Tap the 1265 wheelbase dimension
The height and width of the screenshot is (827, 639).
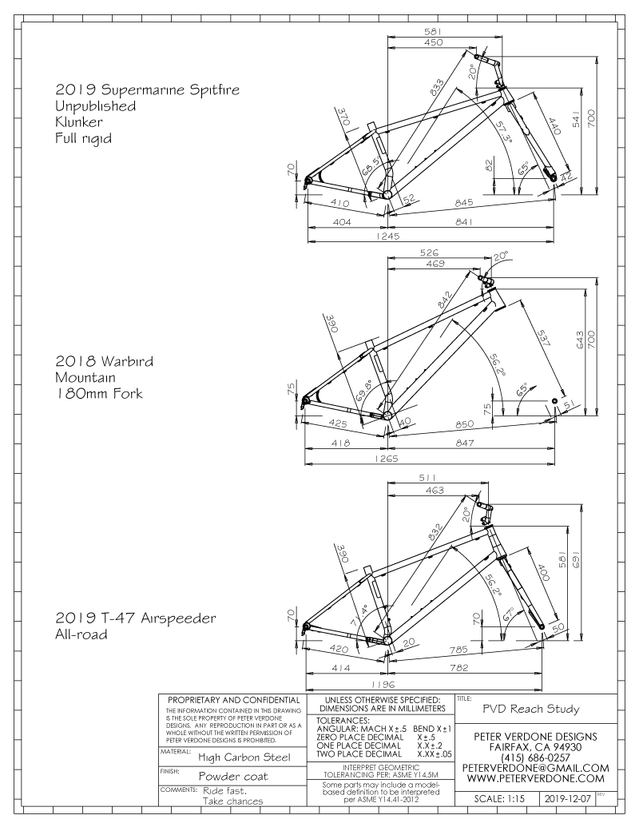click(x=387, y=459)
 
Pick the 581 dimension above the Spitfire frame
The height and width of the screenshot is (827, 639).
click(x=432, y=31)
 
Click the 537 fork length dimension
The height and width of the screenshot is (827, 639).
click(x=542, y=338)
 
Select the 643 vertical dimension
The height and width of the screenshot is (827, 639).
click(x=579, y=340)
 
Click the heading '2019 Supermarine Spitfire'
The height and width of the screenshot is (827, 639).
click(x=148, y=89)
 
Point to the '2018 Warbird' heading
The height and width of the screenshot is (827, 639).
click(x=105, y=361)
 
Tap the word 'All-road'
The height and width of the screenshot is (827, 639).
click(x=81, y=634)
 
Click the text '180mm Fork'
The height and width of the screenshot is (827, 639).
click(x=99, y=393)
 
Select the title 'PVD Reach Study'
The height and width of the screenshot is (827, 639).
click(x=531, y=709)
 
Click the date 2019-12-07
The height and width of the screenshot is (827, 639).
click(x=569, y=798)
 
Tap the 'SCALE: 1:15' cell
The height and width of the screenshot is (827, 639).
click(x=499, y=798)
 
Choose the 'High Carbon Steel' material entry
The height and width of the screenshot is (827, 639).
click(x=244, y=757)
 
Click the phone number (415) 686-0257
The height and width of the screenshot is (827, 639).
click(x=536, y=757)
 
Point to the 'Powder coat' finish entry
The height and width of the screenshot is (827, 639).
click(x=233, y=777)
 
